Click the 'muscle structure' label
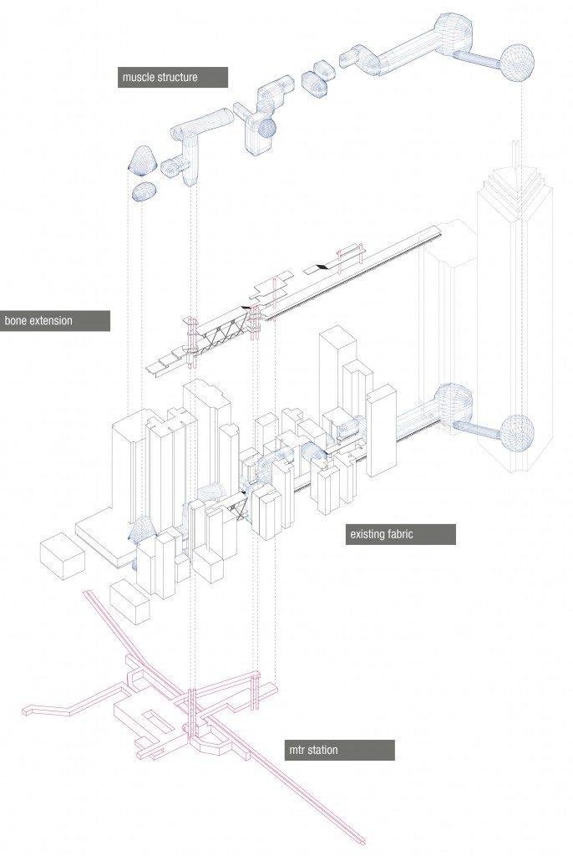173,78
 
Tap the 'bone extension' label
54,321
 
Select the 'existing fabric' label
401,534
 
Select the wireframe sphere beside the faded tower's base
516,431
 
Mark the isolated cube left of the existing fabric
63,555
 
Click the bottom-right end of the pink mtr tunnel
361,837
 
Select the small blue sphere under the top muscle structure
267,127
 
